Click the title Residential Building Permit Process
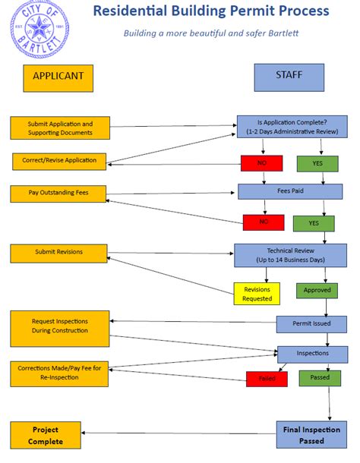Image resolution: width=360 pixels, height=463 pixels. [x=211, y=11]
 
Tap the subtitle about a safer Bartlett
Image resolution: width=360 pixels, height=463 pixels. [x=211, y=33]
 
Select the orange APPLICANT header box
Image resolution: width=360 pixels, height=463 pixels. [x=58, y=76]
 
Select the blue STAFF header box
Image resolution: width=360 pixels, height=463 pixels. [x=289, y=76]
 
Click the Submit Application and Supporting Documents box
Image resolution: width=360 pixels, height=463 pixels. [x=60, y=128]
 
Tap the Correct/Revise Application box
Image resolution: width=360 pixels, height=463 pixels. [x=60, y=161]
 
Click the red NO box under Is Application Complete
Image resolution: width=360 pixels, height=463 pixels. [x=262, y=162]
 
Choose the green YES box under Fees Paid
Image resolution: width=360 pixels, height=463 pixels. [x=314, y=223]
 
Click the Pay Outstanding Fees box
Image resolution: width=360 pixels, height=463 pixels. [x=58, y=193]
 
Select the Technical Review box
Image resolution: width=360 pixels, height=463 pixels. [x=289, y=255]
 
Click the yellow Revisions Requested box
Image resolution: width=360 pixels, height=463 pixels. [x=257, y=294]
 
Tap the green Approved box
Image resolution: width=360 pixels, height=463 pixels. [x=317, y=290]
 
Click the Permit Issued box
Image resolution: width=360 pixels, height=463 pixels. [x=311, y=323]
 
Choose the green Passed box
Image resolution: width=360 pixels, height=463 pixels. [x=320, y=377]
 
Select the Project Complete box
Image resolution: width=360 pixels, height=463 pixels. [x=45, y=434]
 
